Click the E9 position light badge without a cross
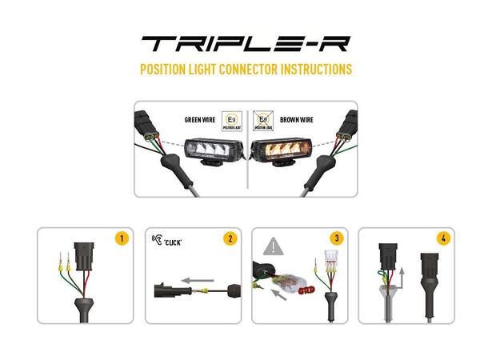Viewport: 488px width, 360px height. point(232,120)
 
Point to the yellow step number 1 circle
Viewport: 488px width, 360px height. point(122,238)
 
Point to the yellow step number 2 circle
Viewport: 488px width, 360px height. point(230,238)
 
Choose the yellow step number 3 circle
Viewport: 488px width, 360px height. point(337,238)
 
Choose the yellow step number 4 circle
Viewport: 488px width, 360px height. point(443,238)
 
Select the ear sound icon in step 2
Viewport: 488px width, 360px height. point(157,238)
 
